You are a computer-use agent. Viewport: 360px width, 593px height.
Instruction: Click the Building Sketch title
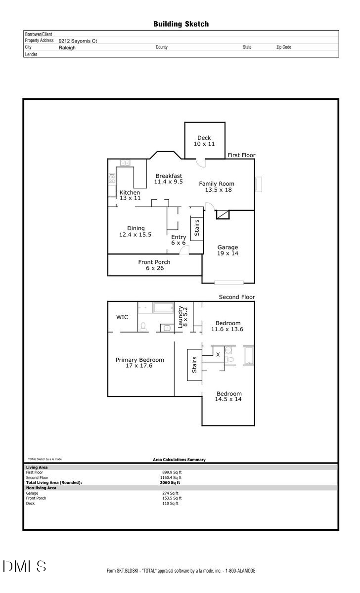[x=180, y=24]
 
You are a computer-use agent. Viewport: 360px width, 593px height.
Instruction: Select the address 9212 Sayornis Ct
[x=78, y=42]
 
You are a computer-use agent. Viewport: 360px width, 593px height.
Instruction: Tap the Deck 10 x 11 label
[x=204, y=141]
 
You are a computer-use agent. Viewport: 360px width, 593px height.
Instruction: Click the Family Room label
[x=216, y=186]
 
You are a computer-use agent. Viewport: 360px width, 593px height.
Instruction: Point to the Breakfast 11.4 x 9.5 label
[x=169, y=178]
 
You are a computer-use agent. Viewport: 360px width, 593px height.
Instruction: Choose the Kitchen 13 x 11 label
[x=130, y=195]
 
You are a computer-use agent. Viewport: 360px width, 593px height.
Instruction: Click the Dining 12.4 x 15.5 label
[x=135, y=231]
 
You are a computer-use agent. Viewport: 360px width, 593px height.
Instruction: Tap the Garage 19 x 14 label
[x=228, y=250]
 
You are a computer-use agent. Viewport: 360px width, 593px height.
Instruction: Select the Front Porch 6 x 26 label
[x=154, y=265]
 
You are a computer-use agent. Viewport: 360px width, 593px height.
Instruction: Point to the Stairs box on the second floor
[x=194, y=365]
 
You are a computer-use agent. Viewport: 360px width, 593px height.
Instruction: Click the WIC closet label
[x=122, y=317]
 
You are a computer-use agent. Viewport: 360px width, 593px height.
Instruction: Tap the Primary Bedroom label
[x=140, y=363]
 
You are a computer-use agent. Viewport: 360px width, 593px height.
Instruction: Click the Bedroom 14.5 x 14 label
[x=228, y=396]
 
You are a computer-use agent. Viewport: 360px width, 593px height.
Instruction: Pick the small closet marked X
[x=218, y=354]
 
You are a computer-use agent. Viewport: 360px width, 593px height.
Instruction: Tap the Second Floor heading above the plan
[x=237, y=297]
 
